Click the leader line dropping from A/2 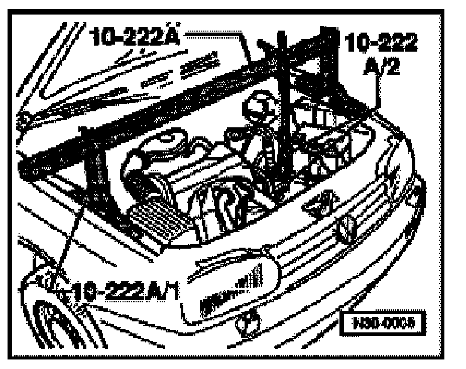coord(376,93)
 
